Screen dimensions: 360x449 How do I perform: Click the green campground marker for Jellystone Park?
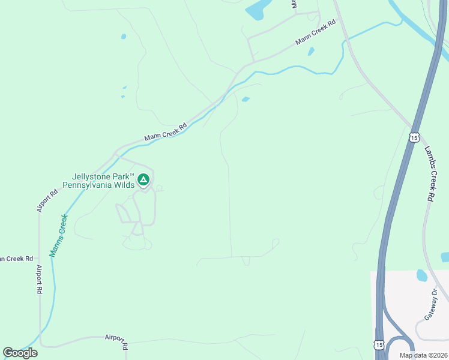pos(143,179)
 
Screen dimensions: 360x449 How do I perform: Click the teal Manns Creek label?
pos(59,235)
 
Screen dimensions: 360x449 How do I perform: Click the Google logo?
pos(20,353)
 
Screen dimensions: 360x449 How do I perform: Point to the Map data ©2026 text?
pos(423,355)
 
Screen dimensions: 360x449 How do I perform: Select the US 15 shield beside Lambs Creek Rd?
pos(414,137)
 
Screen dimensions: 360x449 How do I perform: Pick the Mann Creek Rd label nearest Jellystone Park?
pos(165,132)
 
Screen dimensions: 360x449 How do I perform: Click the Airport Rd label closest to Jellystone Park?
pos(47,200)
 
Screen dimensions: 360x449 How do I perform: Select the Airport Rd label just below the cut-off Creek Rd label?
pos(39,280)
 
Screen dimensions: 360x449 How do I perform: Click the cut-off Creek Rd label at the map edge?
pos(16,259)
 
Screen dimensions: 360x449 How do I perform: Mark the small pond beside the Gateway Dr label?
pos(421,275)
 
